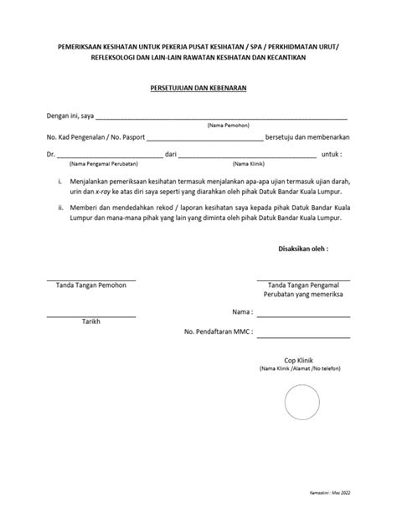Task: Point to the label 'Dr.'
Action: pyautogui.click(x=50, y=155)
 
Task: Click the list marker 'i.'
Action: pyautogui.click(x=59, y=180)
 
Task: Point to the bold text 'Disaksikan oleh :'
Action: pyautogui.click(x=303, y=249)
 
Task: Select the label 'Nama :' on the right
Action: pyautogui.click(x=242, y=311)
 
